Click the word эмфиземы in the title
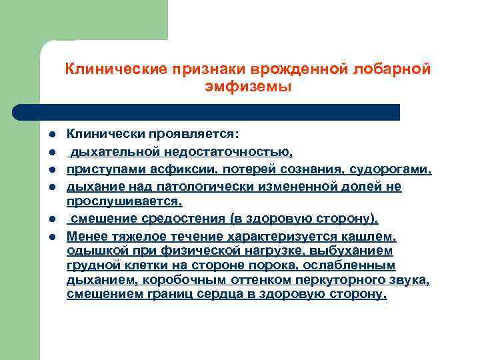tap(249, 87)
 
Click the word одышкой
tap(95, 251)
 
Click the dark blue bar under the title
tap(207, 112)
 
